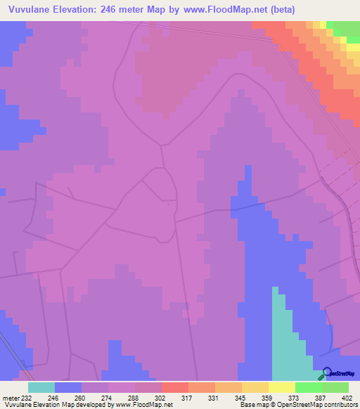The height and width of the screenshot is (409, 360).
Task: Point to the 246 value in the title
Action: tap(123, 10)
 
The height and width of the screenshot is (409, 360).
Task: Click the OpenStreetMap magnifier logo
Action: tap(326, 373)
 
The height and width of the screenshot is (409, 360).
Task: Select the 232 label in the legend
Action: tap(27, 398)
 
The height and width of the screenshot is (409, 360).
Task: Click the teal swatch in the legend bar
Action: tap(41, 387)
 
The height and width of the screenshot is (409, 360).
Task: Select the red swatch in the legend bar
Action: tap(175, 387)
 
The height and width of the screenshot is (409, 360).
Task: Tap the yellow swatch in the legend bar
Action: tap(282, 387)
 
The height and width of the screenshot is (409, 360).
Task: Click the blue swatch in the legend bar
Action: tap(68, 387)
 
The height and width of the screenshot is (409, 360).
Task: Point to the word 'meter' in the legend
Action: tap(11, 398)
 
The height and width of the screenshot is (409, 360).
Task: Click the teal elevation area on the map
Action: tap(288, 344)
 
